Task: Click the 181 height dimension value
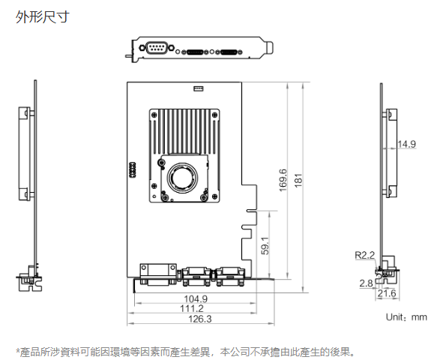point(298,181)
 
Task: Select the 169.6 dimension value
point(283,180)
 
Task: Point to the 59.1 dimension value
point(265,246)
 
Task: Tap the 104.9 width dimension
point(196,298)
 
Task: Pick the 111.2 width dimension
point(192,308)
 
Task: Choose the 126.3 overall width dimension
point(200,319)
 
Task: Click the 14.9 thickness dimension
point(406,144)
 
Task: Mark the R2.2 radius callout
point(365,255)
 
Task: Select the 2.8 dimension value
point(367,283)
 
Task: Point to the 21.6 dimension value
point(387,293)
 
